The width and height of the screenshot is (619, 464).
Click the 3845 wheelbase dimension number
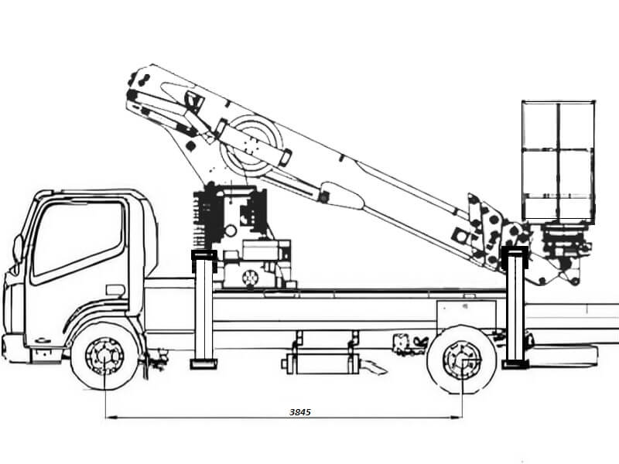tap(300, 412)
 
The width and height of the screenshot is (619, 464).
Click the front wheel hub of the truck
tap(104, 357)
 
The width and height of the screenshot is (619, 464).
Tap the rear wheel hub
tap(462, 360)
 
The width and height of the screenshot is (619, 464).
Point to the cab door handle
tap(115, 290)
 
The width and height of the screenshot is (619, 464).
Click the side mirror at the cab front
tap(17, 248)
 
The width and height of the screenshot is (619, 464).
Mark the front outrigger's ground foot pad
tap(203, 363)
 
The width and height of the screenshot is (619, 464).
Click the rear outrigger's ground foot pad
tap(515, 363)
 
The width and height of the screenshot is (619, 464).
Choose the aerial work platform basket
tap(558, 162)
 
